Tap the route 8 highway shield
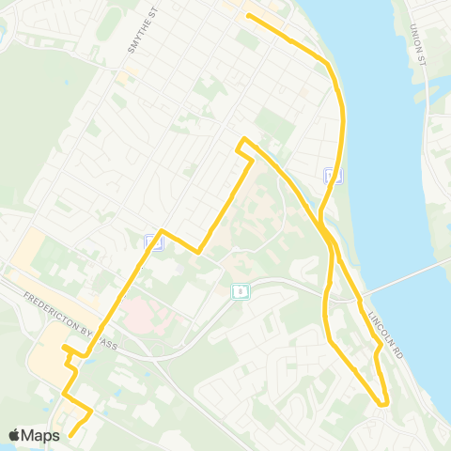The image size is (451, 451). (241, 291)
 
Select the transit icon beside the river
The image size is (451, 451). (331, 174)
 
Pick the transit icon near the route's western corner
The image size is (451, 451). (152, 242)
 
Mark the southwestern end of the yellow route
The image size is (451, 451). (70, 434)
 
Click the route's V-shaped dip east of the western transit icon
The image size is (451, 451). (199, 252)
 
